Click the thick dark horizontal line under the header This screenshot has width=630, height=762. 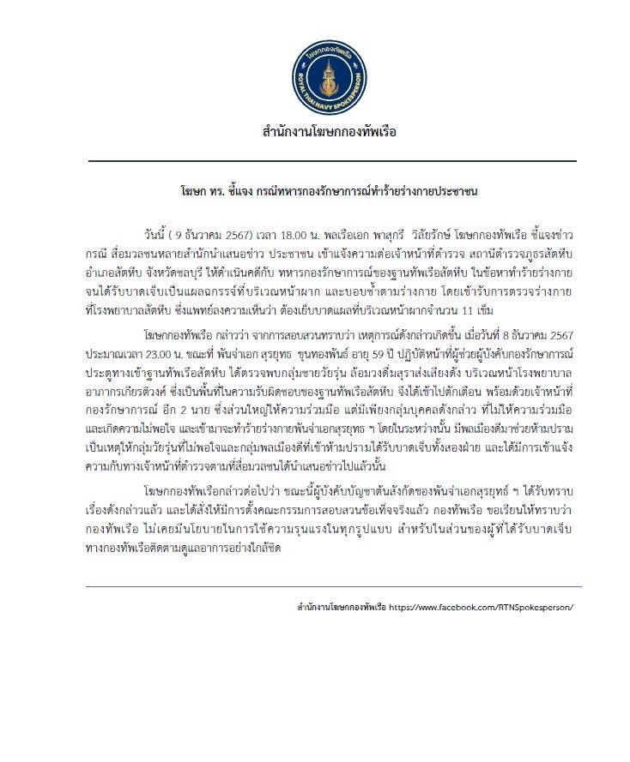[x=331, y=160]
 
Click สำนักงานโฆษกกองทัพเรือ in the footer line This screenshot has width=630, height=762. [x=338, y=606]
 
